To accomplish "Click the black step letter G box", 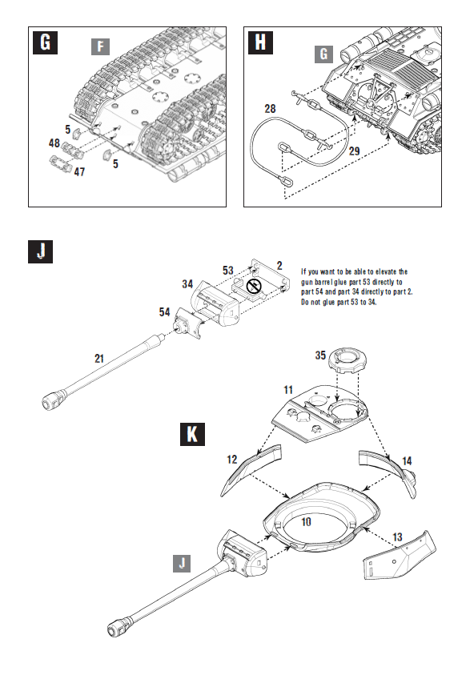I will click(45, 43).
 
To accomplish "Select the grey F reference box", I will click(98, 46).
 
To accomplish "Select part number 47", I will click(80, 171).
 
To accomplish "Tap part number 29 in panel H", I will click(354, 150).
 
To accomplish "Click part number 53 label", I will click(228, 270).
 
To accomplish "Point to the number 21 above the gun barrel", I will click(98, 359).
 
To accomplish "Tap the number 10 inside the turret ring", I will click(305, 521).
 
